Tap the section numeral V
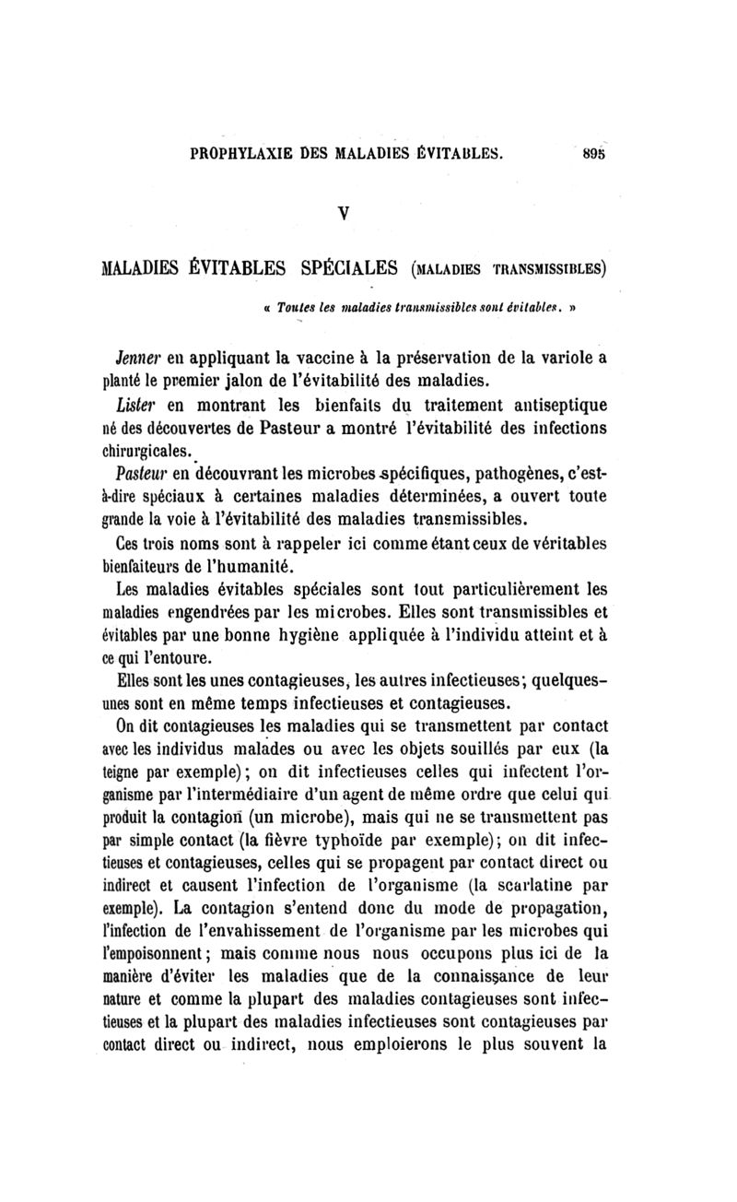click(368, 209)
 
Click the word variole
click(560, 355)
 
